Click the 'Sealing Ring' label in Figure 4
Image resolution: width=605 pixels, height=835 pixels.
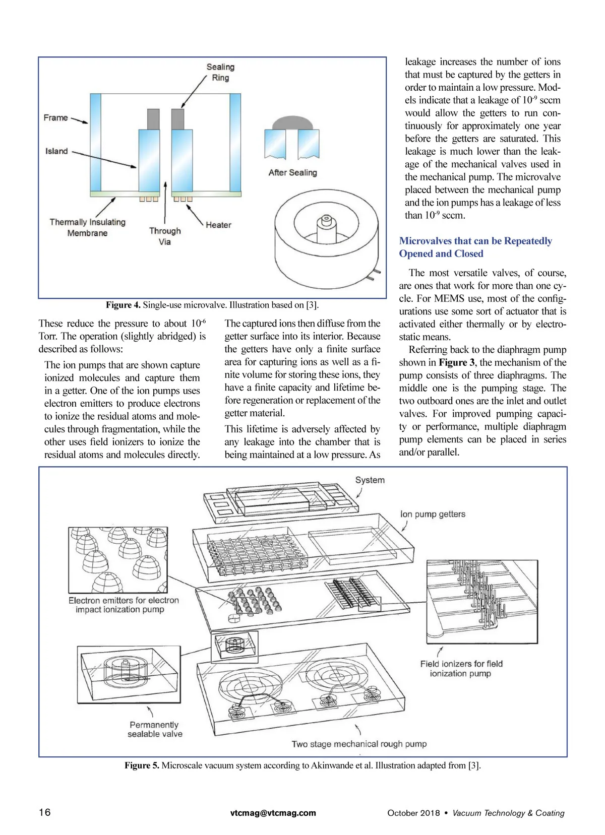pyautogui.click(x=220, y=72)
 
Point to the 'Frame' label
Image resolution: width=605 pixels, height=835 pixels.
pyautogui.click(x=55, y=117)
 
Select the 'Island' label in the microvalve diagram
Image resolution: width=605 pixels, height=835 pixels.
pyautogui.click(x=56, y=151)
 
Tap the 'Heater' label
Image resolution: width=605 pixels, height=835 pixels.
pyautogui.click(x=218, y=225)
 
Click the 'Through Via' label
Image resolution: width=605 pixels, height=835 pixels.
pyautogui.click(x=165, y=236)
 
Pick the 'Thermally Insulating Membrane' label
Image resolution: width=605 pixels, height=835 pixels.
pyautogui.click(x=87, y=227)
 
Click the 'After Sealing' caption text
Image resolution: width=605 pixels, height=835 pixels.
pyautogui.click(x=292, y=172)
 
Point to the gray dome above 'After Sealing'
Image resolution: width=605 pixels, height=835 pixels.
pyautogui.click(x=292, y=123)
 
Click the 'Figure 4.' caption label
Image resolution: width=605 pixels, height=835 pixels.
pyautogui.click(x=123, y=305)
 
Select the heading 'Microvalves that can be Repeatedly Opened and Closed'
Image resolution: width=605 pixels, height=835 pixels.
pyautogui.click(x=475, y=247)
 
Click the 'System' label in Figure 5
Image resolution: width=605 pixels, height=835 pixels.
pyautogui.click(x=370, y=480)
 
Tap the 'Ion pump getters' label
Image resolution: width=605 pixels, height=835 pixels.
pyautogui.click(x=433, y=514)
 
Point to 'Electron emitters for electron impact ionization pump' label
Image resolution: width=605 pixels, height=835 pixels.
pyautogui.click(x=124, y=605)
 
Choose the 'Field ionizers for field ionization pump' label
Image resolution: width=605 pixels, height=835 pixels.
pyautogui.click(x=461, y=669)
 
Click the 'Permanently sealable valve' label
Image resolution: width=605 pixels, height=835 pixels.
pyautogui.click(x=154, y=729)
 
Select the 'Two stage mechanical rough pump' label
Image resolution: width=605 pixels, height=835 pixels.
pyautogui.click(x=359, y=744)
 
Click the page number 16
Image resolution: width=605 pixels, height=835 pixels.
pyautogui.click(x=44, y=812)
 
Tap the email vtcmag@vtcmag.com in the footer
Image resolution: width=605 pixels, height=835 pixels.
pyautogui.click(x=273, y=812)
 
